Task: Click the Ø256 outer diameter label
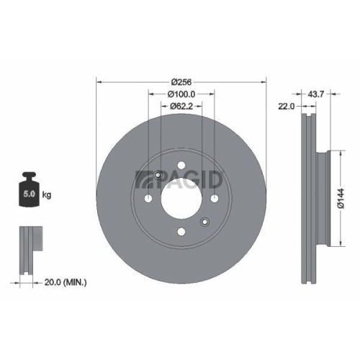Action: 181,81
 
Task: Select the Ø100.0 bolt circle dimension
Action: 181,94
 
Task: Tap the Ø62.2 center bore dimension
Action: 181,107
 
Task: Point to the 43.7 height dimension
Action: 315,94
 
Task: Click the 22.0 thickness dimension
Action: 288,107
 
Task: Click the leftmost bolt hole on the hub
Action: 148,199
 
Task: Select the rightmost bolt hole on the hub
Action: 215,199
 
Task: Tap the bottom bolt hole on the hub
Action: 181,232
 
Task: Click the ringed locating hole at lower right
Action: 204,222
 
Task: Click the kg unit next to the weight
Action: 48,195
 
